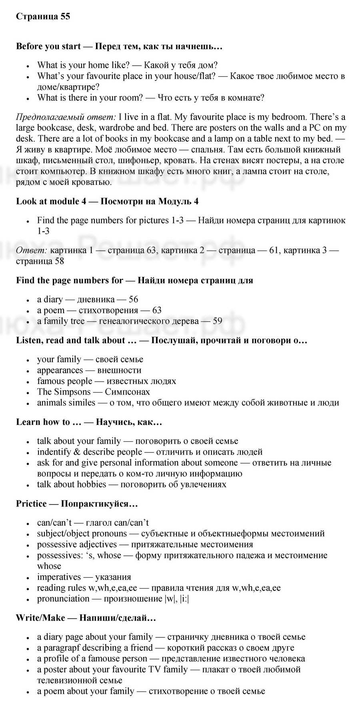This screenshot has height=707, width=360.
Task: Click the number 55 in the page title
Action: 65,16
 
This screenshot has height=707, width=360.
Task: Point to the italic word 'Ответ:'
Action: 31,250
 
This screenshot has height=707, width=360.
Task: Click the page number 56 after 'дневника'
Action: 133,299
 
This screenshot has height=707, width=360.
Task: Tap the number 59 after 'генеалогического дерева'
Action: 217,321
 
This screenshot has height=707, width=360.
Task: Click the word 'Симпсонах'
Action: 127,392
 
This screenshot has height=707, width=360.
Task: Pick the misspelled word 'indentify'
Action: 53,452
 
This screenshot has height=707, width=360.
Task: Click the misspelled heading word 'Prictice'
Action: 31,503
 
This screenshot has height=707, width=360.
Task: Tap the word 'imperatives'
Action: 59,577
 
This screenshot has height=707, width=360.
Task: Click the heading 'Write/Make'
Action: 40,618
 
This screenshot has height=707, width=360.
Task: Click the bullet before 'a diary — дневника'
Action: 28,300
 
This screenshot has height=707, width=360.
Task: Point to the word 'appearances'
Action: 60,370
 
